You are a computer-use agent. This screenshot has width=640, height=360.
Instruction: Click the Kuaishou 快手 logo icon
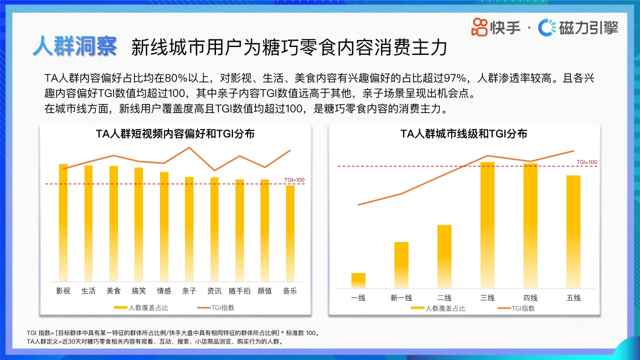click(x=479, y=27)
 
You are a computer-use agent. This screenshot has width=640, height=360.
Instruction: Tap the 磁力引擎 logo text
click(x=588, y=27)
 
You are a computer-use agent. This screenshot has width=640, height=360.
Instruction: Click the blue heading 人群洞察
click(x=75, y=46)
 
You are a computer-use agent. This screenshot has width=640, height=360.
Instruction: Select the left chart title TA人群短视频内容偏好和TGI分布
click(x=175, y=134)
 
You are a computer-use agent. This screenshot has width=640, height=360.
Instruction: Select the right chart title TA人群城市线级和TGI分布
click(x=464, y=134)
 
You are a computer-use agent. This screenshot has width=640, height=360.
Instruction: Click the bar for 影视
click(x=63, y=222)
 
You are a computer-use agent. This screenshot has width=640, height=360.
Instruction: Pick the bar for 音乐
click(x=290, y=233)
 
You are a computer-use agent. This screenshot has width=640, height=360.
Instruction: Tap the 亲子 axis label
click(x=189, y=291)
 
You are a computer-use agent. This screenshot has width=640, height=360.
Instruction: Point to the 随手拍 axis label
click(x=239, y=291)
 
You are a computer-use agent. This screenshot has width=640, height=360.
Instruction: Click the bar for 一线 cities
click(x=358, y=280)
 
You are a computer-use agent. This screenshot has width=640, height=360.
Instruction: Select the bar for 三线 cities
click(x=487, y=225)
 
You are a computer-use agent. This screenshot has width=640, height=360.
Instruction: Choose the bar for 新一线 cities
click(x=401, y=265)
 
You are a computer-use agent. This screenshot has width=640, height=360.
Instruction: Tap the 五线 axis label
click(x=573, y=298)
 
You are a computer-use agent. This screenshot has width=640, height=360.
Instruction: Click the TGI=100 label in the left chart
click(x=294, y=180)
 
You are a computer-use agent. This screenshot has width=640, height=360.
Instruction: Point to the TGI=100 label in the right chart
click(x=586, y=162)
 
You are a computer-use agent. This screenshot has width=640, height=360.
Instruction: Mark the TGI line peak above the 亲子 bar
click(x=189, y=147)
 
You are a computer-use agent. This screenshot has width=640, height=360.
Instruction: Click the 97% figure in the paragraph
click(x=459, y=78)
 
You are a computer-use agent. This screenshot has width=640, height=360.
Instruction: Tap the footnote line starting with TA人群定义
click(x=155, y=342)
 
